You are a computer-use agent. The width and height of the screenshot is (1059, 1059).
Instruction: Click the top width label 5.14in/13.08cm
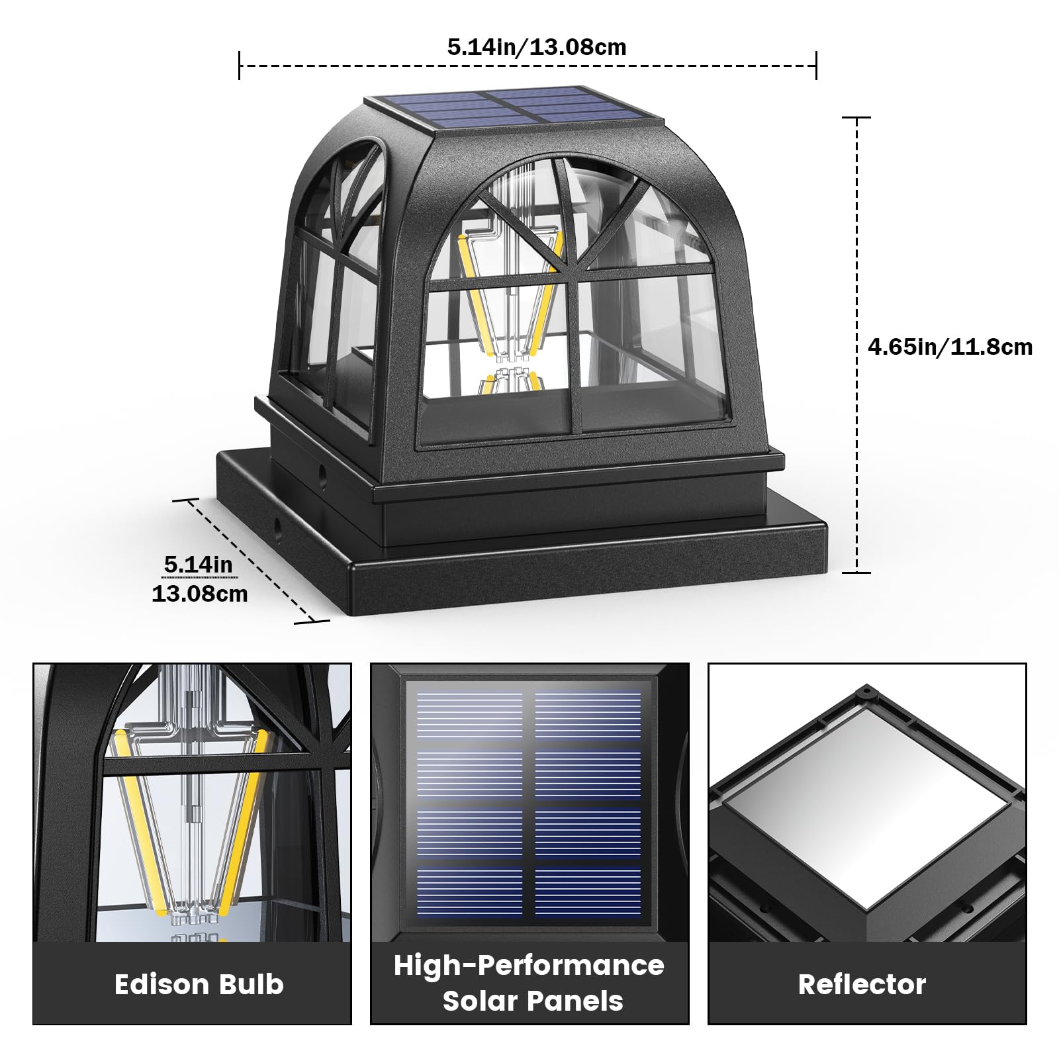click(x=536, y=47)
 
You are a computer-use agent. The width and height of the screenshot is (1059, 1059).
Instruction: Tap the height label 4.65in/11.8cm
click(x=950, y=347)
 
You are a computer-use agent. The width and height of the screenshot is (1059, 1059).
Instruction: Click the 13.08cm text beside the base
click(x=199, y=593)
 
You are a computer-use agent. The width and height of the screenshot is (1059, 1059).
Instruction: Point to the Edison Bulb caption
click(x=199, y=984)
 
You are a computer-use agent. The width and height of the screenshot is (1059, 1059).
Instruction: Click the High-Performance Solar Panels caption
click(x=529, y=983)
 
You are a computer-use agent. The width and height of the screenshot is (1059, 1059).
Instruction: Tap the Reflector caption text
click(x=862, y=984)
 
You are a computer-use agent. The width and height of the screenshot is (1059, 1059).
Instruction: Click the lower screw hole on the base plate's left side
click(x=277, y=527)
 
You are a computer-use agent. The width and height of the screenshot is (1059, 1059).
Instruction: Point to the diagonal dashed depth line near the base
click(x=252, y=560)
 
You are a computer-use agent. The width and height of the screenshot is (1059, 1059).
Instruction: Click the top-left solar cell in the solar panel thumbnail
click(x=469, y=715)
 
